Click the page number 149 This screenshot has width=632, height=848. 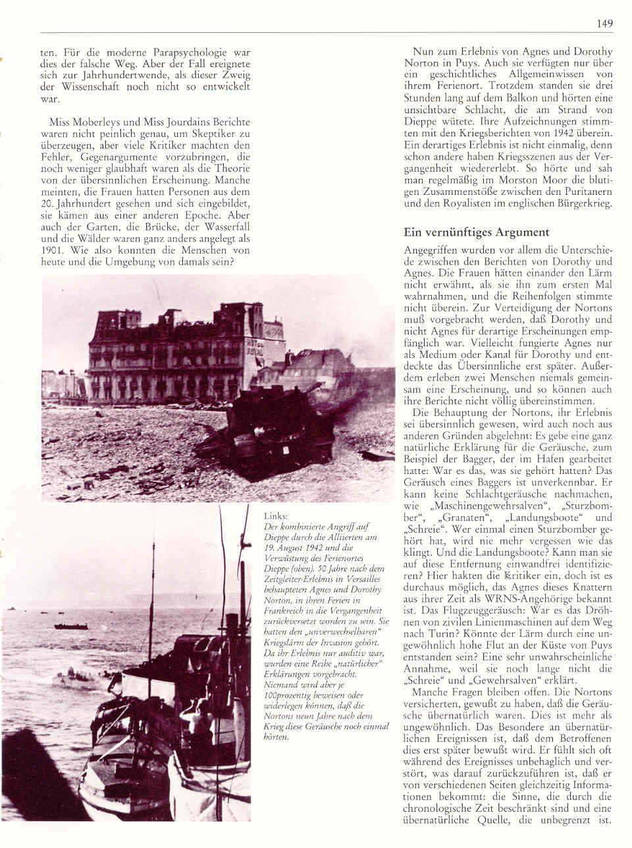[x=605, y=24]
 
